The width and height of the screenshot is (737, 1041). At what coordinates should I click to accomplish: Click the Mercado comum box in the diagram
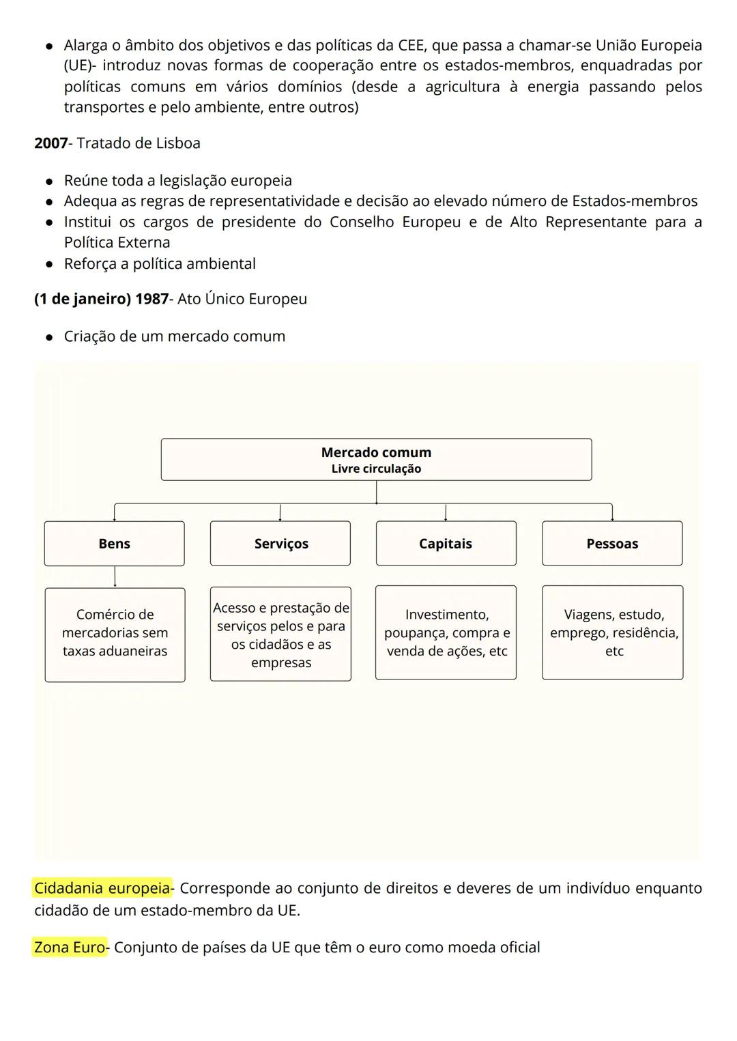coord(376,459)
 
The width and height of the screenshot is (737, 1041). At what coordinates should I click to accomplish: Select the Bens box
coord(114,544)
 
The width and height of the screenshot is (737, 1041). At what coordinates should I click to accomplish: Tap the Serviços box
coord(280,544)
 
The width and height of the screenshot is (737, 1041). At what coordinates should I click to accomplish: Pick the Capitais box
coord(446,544)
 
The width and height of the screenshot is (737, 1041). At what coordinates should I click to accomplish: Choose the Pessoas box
coord(612,544)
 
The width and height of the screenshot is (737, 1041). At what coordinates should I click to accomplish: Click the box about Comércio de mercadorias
coord(115,634)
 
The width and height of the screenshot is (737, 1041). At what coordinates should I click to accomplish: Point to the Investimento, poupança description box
coord(446,632)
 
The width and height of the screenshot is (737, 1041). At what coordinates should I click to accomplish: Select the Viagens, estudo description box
coord(613,632)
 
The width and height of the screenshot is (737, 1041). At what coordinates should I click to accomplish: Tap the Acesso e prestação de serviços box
coord(280,634)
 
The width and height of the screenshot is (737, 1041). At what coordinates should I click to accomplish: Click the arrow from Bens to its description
coord(115,576)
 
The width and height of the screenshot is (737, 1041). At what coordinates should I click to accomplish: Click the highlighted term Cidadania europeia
coord(102,888)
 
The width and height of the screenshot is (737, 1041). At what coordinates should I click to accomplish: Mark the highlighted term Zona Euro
coord(70,948)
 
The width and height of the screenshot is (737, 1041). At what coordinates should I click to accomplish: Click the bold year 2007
coord(51,143)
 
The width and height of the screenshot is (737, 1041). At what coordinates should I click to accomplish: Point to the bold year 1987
coord(151,299)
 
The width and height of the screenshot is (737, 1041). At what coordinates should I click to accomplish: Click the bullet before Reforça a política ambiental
coord(49,265)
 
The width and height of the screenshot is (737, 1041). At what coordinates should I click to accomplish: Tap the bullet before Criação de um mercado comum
coord(49,337)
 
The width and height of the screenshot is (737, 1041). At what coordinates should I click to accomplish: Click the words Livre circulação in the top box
coord(376,469)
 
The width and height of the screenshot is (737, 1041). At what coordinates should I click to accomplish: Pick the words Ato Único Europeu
coord(242,299)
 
